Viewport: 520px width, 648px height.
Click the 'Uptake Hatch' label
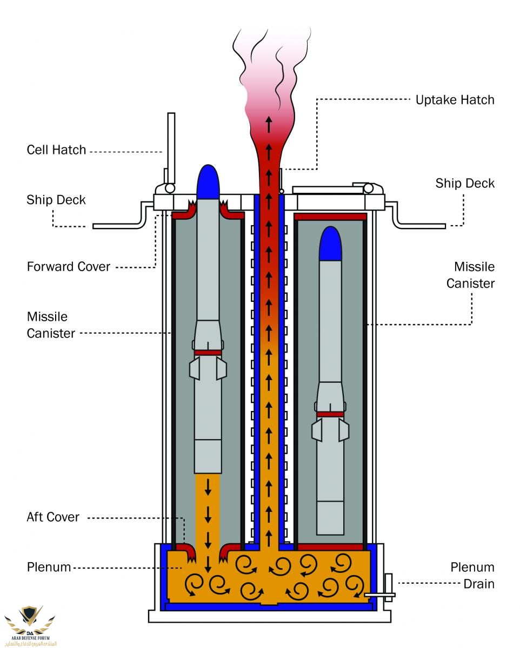pyautogui.click(x=455, y=100)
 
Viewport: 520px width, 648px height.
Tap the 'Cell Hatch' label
pyautogui.click(x=56, y=150)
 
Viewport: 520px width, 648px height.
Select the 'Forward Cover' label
pyautogui.click(x=69, y=267)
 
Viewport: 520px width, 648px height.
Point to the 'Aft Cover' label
pyautogui.click(x=53, y=517)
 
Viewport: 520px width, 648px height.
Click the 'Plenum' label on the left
pyautogui.click(x=49, y=568)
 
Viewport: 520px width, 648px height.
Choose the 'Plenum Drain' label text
pyautogui.click(x=472, y=576)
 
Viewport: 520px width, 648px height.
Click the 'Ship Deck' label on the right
pyautogui.click(x=465, y=184)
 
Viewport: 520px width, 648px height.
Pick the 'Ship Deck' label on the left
pyautogui.click(x=56, y=200)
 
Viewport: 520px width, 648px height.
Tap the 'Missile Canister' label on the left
pyautogui.click(x=51, y=325)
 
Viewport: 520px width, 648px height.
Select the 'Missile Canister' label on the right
pyautogui.click(x=470, y=275)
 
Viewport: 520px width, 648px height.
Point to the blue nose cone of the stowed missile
pyautogui.click(x=331, y=244)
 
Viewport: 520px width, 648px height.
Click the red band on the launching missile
pyautogui.click(x=208, y=353)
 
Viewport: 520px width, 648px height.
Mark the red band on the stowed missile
pyautogui.click(x=330, y=414)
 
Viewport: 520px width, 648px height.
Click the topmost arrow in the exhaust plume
pyautogui.click(x=268, y=124)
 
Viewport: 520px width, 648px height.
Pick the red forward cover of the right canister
pyautogui.click(x=330, y=217)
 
